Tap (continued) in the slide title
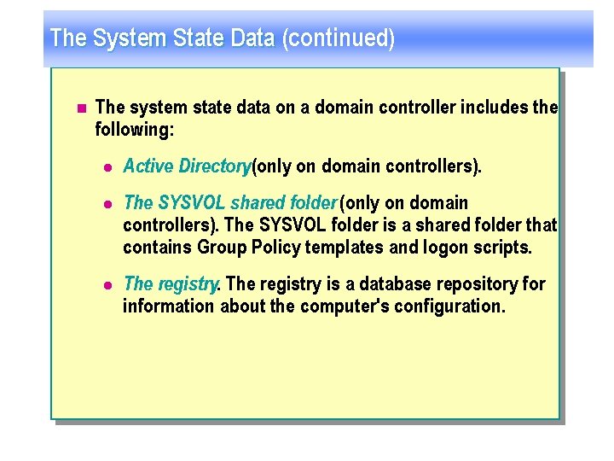coord(345,38)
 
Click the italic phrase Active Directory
coord(187,166)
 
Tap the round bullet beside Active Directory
coord(107,166)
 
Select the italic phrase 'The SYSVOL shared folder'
coord(230,203)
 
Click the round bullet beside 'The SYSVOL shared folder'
coord(107,204)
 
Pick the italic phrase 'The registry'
coord(171,283)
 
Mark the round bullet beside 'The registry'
coord(107,284)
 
